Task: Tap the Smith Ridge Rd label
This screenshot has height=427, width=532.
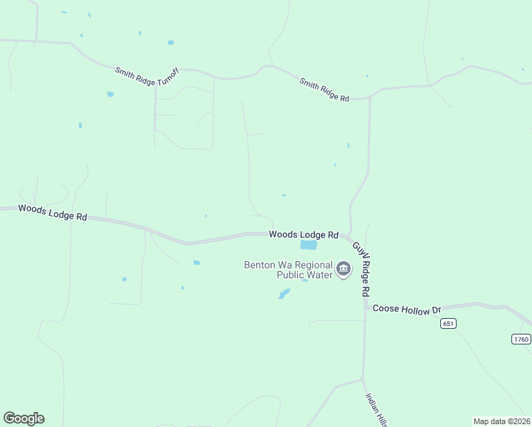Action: (x=324, y=90)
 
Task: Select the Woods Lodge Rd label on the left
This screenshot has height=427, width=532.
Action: (x=53, y=212)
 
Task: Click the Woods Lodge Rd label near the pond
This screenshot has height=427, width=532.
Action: (x=303, y=235)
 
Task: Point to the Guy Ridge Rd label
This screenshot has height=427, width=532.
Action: (x=362, y=269)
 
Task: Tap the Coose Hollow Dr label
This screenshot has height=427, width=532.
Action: (x=408, y=310)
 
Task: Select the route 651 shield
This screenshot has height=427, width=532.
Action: (x=447, y=324)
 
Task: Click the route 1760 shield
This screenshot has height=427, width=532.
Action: (x=521, y=339)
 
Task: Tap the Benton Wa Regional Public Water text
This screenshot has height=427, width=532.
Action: (x=288, y=270)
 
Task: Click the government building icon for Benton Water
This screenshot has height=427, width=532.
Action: (x=344, y=269)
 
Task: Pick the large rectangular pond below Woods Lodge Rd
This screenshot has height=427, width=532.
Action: (x=308, y=245)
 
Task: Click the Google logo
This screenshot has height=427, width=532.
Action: (x=23, y=418)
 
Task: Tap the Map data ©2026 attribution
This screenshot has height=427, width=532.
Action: (x=501, y=421)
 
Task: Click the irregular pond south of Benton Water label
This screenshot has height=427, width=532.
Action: (x=284, y=294)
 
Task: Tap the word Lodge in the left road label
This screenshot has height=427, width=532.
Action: (x=58, y=213)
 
